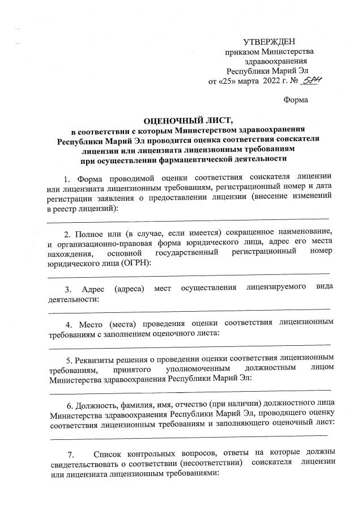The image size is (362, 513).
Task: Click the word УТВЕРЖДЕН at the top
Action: (269, 43)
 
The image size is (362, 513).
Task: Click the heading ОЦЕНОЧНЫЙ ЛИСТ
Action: (181, 120)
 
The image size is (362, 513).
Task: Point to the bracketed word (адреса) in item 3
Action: (130, 289)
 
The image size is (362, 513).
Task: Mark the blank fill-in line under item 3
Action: (189, 309)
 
